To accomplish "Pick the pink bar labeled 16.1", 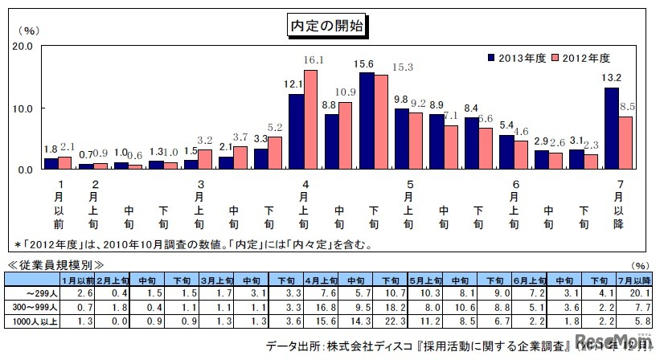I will (310, 120).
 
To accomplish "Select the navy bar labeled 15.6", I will (367, 121).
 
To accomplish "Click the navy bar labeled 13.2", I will (610, 129).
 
